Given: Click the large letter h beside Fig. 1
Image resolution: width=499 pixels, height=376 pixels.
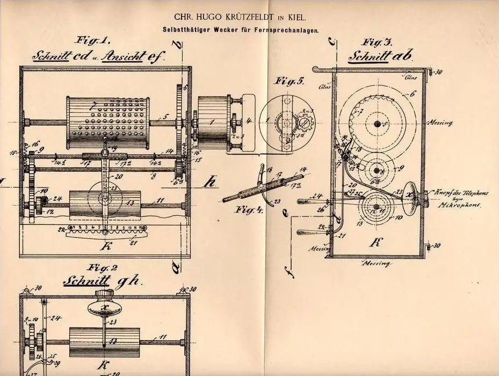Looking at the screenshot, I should coord(211,182).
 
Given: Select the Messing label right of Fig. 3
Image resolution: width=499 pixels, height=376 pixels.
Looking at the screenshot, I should coord(439,122).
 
